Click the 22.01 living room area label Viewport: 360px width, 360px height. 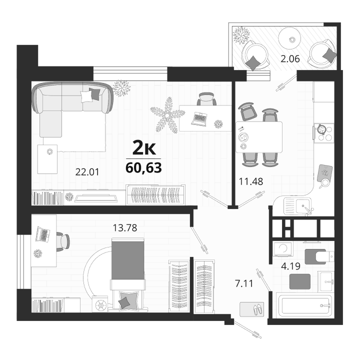87,172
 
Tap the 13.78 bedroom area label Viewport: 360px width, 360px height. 125,228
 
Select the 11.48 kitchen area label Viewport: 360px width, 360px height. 251,181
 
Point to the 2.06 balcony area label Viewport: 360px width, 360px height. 290,59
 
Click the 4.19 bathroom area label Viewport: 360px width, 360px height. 291,266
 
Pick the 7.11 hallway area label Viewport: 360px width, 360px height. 244,283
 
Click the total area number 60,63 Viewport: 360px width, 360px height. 143,167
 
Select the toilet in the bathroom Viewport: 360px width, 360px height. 319,256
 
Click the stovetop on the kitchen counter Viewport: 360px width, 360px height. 324,133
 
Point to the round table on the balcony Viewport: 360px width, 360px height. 289,38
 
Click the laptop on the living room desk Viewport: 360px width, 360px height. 199,119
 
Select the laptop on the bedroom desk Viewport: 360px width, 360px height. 42,234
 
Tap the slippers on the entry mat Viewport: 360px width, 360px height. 258,309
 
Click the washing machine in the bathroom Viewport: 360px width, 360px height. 283,249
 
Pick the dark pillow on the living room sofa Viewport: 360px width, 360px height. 94,94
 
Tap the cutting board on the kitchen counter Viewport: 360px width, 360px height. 324,173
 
